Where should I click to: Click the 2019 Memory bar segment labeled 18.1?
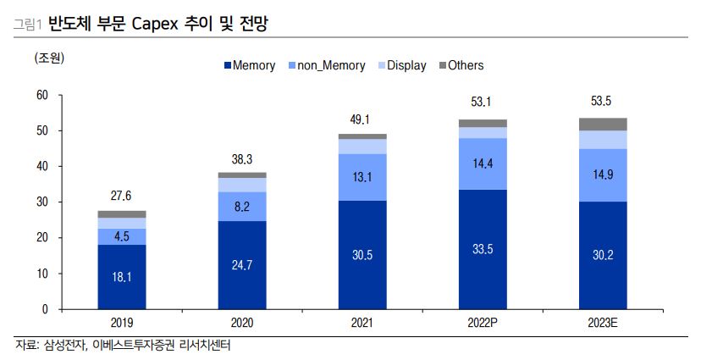pyautogui.click(x=122, y=277)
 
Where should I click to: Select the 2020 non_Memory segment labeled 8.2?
pyautogui.click(x=242, y=206)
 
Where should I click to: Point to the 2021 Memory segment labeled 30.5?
pyautogui.click(x=362, y=255)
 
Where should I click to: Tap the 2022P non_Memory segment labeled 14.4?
pyautogui.click(x=482, y=163)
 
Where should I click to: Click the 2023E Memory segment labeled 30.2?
pyautogui.click(x=602, y=256)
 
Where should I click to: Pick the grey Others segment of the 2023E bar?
pyautogui.click(x=602, y=125)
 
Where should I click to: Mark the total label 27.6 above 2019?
pyautogui.click(x=122, y=196)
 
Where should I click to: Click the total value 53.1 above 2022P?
pyautogui.click(x=482, y=102)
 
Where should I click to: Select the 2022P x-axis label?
pyautogui.click(x=482, y=323)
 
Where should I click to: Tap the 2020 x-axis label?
pyautogui.click(x=242, y=323)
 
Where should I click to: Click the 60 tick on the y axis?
pyautogui.click(x=41, y=96)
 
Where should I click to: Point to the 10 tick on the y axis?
pyautogui.click(x=41, y=274)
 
